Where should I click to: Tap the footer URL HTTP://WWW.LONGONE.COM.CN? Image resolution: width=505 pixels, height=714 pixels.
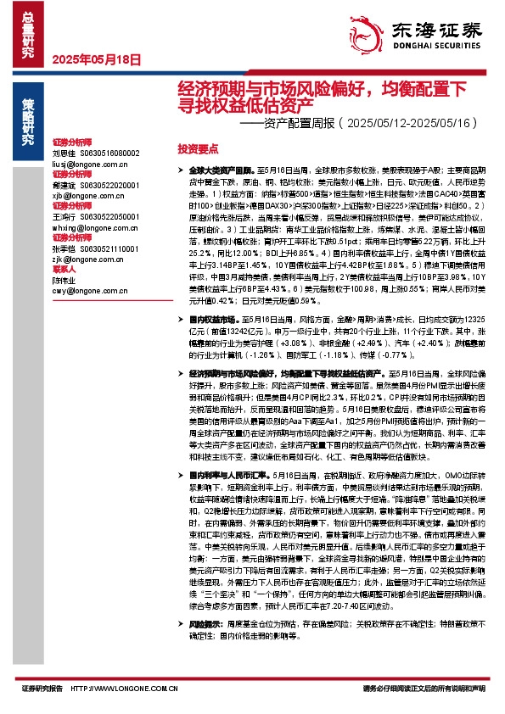tap(127, 688)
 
